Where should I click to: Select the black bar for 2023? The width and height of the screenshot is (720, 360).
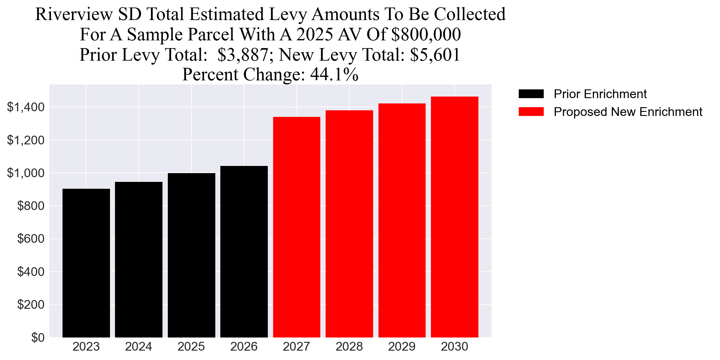click(x=86, y=263)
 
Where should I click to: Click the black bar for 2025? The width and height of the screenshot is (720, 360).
click(x=191, y=255)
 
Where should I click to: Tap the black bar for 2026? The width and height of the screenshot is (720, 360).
click(x=244, y=252)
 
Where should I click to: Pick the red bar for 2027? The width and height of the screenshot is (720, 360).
click(x=297, y=227)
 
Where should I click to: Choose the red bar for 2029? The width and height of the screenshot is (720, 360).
click(x=402, y=220)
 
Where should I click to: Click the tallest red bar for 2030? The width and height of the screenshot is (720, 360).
click(x=454, y=217)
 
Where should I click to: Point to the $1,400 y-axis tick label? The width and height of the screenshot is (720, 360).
click(x=26, y=107)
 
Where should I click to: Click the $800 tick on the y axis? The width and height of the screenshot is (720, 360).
click(x=31, y=206)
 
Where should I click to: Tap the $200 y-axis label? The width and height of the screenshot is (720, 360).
click(x=31, y=305)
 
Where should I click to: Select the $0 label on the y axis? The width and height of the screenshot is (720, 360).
click(x=38, y=338)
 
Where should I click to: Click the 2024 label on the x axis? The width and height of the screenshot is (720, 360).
click(x=138, y=347)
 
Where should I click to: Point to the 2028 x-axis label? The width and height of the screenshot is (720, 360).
click(x=349, y=347)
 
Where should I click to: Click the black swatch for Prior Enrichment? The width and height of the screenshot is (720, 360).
click(x=531, y=94)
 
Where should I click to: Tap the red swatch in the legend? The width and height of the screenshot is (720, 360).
click(x=531, y=112)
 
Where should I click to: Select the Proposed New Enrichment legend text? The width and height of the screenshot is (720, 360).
click(x=628, y=112)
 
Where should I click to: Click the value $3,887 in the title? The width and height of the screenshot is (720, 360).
click(x=242, y=55)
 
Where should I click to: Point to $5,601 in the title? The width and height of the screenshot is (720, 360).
click(x=435, y=55)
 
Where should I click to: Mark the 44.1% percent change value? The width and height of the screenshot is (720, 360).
click(x=334, y=75)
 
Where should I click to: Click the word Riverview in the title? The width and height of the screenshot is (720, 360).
click(x=74, y=14)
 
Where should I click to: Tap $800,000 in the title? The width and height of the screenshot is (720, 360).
click(x=426, y=34)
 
